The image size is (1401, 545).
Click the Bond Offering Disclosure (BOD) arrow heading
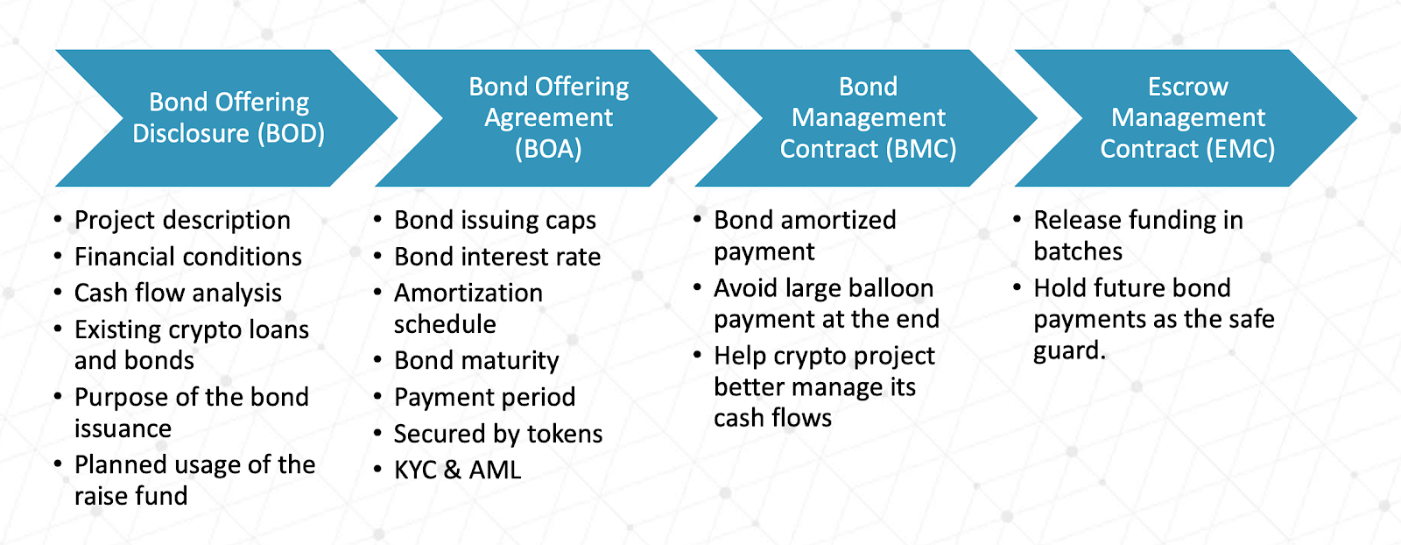[229, 117]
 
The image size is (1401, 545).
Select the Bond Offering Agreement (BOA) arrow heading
[548, 117]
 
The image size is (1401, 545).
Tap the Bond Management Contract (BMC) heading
[868, 117]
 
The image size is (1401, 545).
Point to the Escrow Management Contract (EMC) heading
[1187, 117]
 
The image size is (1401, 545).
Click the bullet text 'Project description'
[182, 220]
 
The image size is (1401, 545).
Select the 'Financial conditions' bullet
[187, 257]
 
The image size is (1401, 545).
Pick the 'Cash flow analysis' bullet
[178, 293]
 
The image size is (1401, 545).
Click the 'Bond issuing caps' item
[495, 220]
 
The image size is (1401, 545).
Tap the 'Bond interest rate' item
[497, 257]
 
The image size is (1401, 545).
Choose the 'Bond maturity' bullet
[476, 360]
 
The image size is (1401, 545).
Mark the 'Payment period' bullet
[484, 397]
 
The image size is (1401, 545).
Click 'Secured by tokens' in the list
[498, 434]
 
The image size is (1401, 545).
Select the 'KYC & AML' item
[457, 470]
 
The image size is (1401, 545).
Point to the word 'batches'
[1078, 251]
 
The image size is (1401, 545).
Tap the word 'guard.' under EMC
[1069, 350]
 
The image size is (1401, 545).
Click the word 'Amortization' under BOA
[468, 293]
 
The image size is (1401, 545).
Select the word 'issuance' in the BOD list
[123, 428]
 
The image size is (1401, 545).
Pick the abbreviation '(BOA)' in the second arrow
[548, 149]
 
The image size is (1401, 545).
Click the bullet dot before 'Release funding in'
[1017, 218]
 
